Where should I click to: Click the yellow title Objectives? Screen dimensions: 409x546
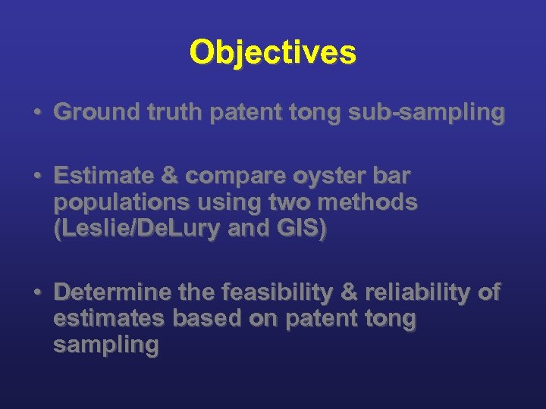[x=272, y=52]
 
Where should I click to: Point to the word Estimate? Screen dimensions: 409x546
[x=101, y=176]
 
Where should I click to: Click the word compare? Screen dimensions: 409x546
[x=231, y=177]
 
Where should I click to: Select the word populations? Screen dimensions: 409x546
[x=121, y=202]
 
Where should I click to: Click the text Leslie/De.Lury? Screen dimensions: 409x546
[x=144, y=228]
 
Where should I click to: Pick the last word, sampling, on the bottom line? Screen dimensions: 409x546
[x=105, y=346]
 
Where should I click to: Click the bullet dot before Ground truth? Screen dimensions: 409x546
[x=36, y=113]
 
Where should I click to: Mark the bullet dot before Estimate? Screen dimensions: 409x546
[x=36, y=176]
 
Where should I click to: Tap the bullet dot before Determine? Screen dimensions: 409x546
[x=36, y=293]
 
